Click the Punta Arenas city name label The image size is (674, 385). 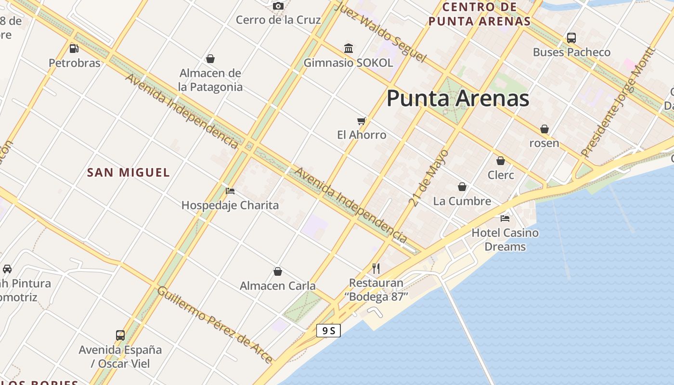[458, 99]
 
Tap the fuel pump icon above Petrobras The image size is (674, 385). [74, 48]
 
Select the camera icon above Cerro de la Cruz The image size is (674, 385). [278, 6]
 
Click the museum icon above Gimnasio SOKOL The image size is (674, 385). [349, 48]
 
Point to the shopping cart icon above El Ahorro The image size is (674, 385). [362, 121]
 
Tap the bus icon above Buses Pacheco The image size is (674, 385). [571, 38]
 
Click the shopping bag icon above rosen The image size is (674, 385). [544, 129]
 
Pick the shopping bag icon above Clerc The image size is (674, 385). [501, 161]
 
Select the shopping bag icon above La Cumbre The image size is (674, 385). [462, 187]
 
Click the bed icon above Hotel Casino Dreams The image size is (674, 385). [505, 218]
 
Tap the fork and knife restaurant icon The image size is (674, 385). [376, 268]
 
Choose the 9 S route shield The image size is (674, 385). [328, 331]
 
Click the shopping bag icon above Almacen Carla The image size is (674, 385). [278, 271]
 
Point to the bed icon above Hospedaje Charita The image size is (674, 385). [230, 191]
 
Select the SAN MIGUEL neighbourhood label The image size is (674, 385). [129, 172]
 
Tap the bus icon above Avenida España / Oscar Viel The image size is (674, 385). [120, 335]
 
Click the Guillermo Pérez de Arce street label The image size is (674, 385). [215, 324]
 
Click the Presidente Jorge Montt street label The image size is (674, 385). [618, 102]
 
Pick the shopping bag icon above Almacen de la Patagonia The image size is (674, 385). [210, 59]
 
